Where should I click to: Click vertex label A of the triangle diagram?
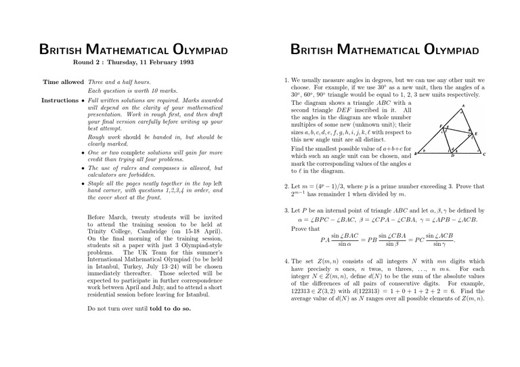coord(464,106)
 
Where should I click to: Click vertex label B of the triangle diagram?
coord(415,155)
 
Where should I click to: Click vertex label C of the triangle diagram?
coord(485,154)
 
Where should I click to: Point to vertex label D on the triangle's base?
coord(453,156)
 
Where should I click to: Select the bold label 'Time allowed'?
coord(63,82)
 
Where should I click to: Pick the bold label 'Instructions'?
coord(60,100)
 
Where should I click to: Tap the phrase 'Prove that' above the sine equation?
coord(305,229)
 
